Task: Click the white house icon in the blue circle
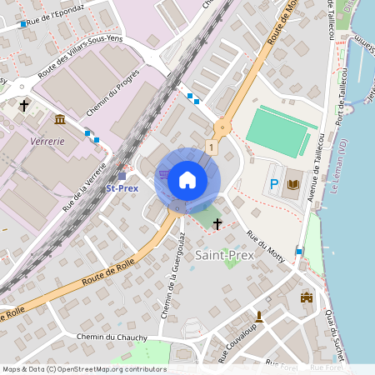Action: tap(187, 179)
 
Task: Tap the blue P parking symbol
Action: tap(274, 184)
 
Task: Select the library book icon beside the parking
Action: tap(292, 184)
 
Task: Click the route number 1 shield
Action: tap(212, 147)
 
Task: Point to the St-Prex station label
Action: tap(122, 187)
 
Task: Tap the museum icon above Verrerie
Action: tap(59, 120)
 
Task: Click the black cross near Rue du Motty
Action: tap(218, 223)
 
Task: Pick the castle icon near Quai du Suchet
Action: tap(306, 297)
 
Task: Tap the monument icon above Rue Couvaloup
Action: tap(259, 316)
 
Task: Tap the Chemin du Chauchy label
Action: tap(104, 336)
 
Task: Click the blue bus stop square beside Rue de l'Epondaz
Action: tap(23, 25)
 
